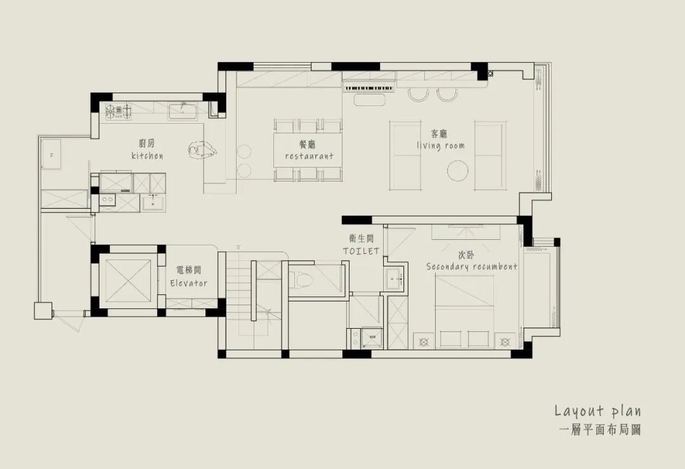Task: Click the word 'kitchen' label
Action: (147, 155)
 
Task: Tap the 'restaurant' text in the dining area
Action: (310, 156)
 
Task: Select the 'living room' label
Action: (440, 145)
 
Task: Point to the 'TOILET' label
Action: (361, 251)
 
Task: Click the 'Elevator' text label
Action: (189, 283)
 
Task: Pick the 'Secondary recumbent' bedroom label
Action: (472, 267)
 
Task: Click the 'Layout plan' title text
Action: (598, 411)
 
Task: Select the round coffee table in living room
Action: (458, 171)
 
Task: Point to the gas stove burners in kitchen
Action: (119, 111)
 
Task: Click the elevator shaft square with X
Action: (128, 281)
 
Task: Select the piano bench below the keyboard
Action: (370, 100)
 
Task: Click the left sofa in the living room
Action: (407, 155)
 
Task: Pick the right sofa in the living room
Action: (490, 155)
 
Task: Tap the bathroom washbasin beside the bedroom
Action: (395, 278)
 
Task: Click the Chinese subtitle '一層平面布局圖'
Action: (600, 430)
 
